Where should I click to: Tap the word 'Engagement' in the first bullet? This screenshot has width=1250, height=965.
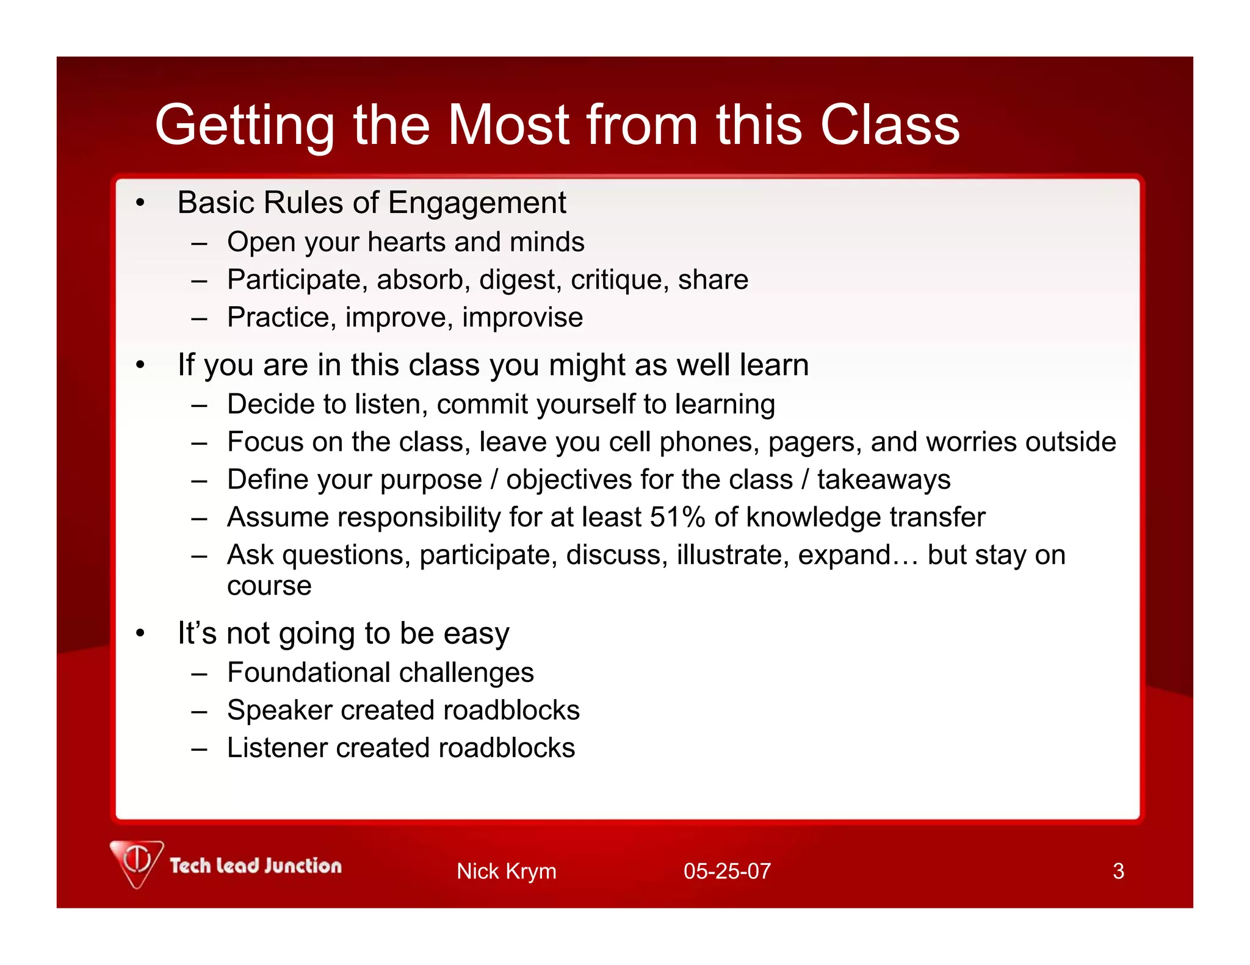(477, 204)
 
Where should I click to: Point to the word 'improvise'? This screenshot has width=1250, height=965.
(522, 318)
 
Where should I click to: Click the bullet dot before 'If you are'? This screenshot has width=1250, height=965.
(140, 365)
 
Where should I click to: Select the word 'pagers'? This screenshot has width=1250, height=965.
(815, 442)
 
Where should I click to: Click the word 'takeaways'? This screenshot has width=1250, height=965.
(884, 480)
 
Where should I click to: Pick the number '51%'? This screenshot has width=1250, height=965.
(677, 517)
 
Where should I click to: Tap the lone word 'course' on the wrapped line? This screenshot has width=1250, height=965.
(269, 586)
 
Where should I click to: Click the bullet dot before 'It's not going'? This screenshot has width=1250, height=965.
(140, 634)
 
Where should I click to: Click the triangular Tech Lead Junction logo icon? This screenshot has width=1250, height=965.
(137, 862)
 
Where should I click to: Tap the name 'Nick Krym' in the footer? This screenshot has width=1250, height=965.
(506, 871)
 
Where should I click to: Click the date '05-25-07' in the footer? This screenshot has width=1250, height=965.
(727, 871)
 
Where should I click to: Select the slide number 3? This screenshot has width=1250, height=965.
(1118, 871)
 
